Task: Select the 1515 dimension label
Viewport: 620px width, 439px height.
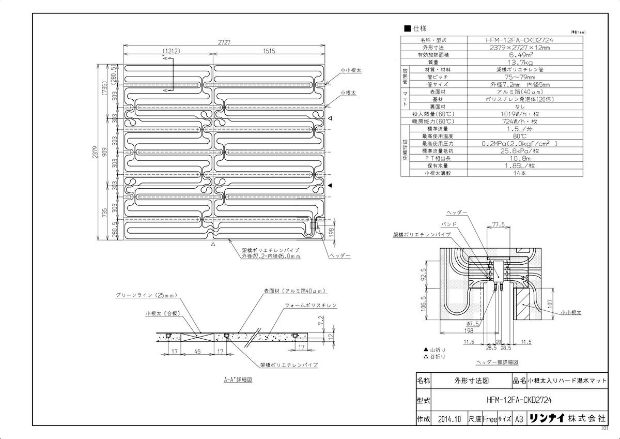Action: [x=269, y=51]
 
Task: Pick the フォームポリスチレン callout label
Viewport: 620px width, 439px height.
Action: [x=311, y=306]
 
